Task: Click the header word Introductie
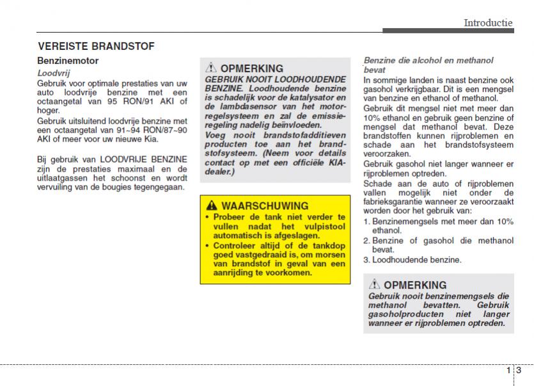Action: [x=488, y=22]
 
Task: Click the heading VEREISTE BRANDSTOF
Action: [x=96, y=46]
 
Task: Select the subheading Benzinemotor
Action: [x=68, y=61]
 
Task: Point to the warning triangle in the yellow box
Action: [x=211, y=206]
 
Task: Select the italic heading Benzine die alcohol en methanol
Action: [x=428, y=60]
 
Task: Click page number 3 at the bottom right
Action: [x=519, y=371]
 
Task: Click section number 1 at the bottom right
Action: [x=508, y=371]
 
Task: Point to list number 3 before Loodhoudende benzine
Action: [x=366, y=260]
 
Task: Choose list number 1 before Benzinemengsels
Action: [x=366, y=221]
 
